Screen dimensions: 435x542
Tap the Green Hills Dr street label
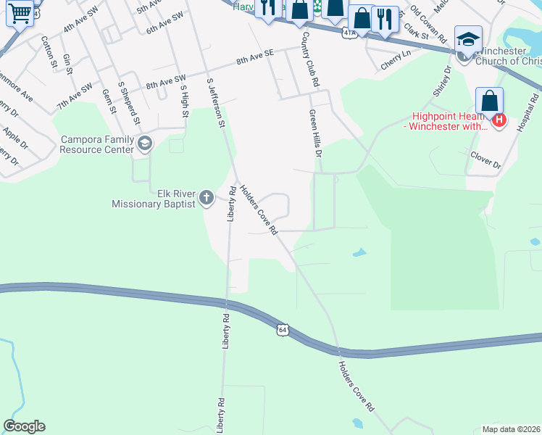[x=315, y=133]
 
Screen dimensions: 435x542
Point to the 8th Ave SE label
[x=255, y=58]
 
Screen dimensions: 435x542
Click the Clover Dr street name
[x=485, y=160]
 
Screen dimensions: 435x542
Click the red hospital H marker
[x=499, y=120]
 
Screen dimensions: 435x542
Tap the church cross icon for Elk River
[x=206, y=197]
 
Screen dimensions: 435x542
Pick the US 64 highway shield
[x=283, y=330]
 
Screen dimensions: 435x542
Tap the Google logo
[x=24, y=426]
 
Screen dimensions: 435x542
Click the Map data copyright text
[x=511, y=428]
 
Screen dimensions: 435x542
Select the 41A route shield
[x=350, y=33]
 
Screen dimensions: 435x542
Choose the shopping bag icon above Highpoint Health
[x=490, y=101]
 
